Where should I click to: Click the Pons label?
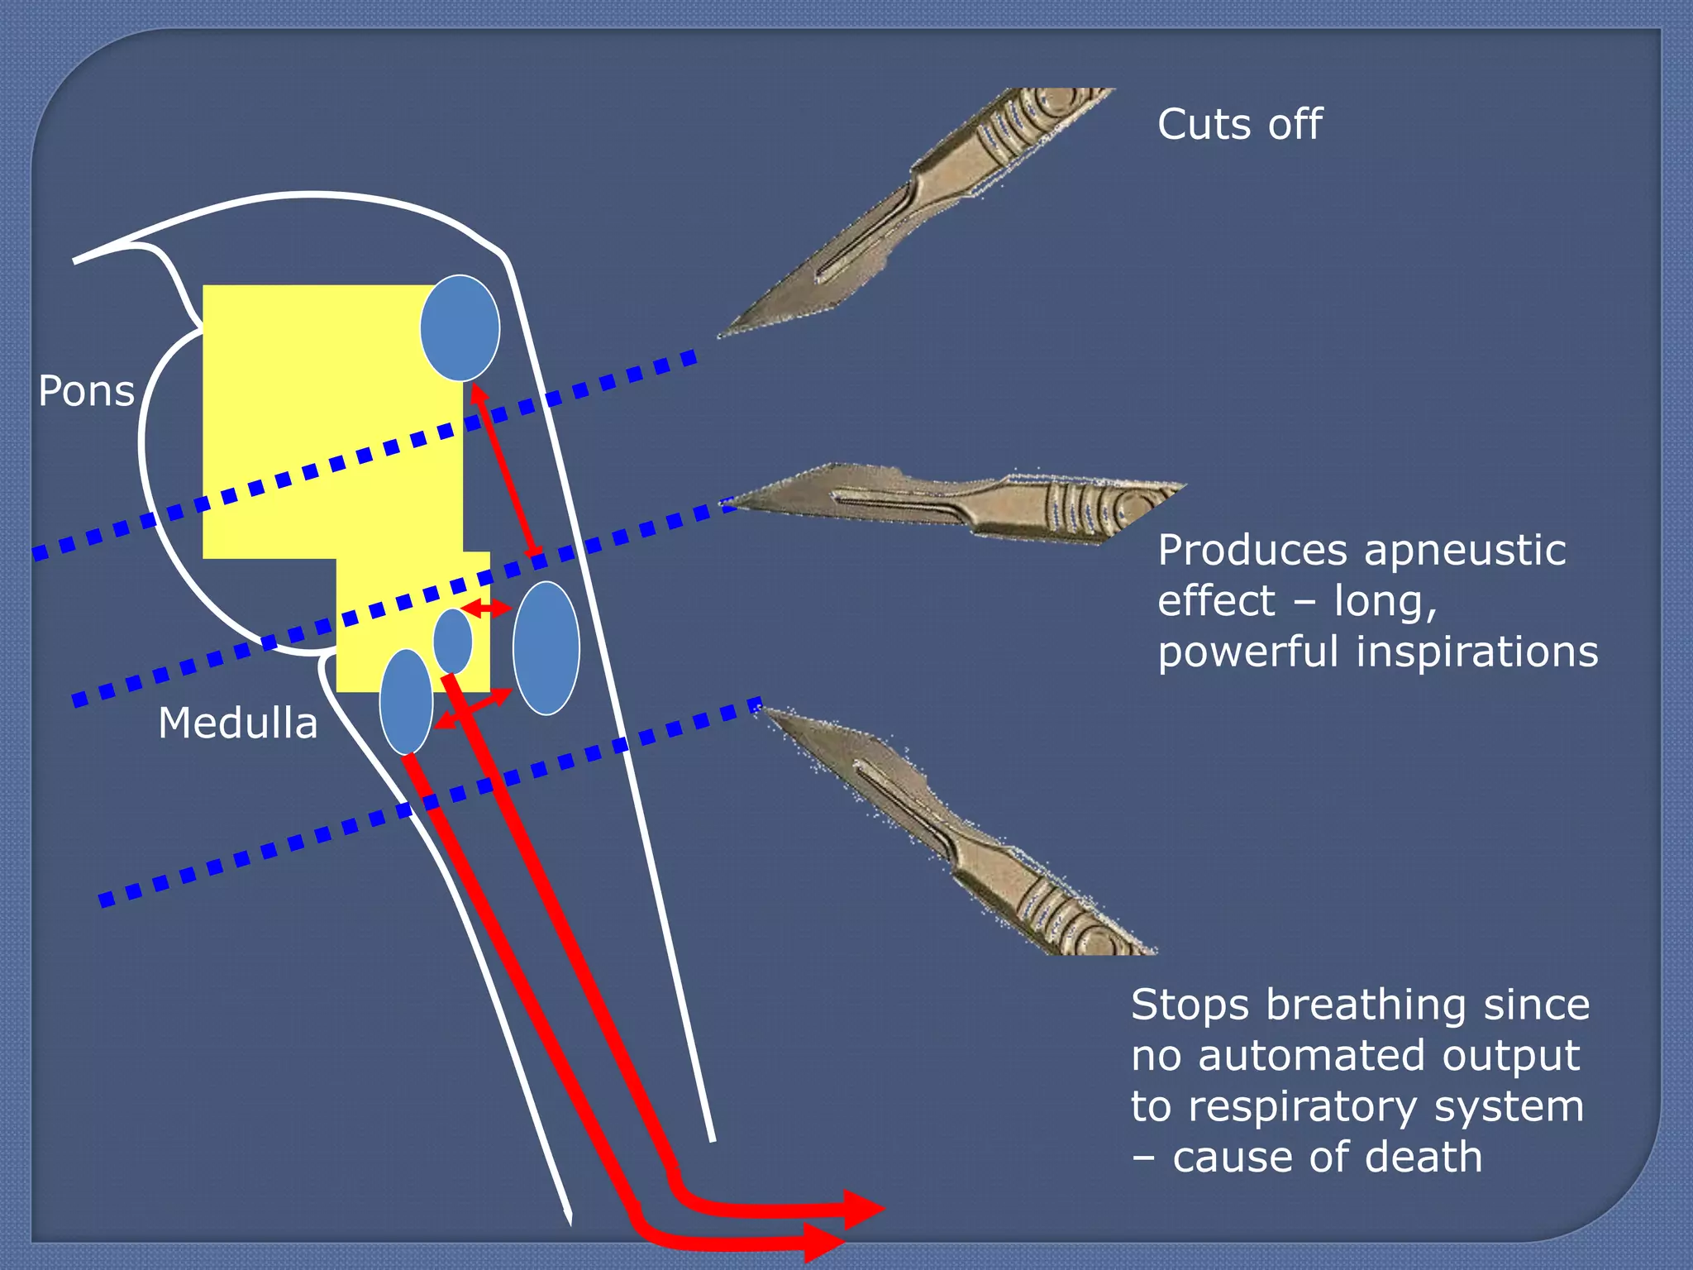click(x=86, y=391)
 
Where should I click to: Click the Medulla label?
click(x=237, y=723)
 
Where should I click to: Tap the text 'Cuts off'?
click(x=1239, y=125)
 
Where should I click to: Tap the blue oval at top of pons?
click(x=460, y=328)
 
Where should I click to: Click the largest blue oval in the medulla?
click(x=546, y=647)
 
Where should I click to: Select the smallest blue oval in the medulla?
click(x=453, y=641)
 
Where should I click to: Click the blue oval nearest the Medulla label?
click(x=406, y=701)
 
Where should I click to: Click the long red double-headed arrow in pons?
click(x=506, y=471)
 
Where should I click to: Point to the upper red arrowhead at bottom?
click(x=863, y=1210)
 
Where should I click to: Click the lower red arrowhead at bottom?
click(x=824, y=1243)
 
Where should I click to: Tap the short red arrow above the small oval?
click(x=486, y=609)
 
